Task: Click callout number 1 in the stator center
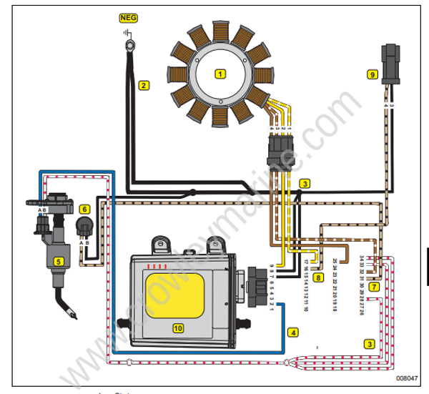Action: pyautogui.click(x=220, y=73)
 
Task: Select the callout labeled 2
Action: pyautogui.click(x=144, y=86)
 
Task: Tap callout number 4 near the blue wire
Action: pyautogui.click(x=292, y=333)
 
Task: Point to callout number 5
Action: pyautogui.click(x=59, y=262)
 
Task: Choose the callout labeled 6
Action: pyautogui.click(x=84, y=210)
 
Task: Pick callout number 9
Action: pyautogui.click(x=372, y=74)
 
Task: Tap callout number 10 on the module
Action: pyautogui.click(x=177, y=328)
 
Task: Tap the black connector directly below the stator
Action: pyautogui.click(x=277, y=148)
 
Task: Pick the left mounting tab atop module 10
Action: pyautogui.click(x=161, y=245)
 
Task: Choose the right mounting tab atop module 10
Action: pyautogui.click(x=213, y=247)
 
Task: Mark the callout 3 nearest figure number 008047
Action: pyautogui.click(x=369, y=343)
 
